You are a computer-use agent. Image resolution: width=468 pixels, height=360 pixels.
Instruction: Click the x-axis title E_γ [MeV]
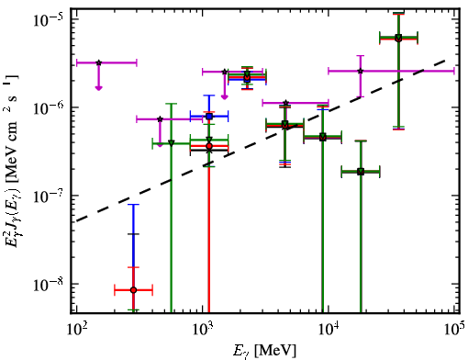tap(264, 351)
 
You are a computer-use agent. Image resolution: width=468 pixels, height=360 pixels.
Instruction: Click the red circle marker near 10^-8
tap(133, 290)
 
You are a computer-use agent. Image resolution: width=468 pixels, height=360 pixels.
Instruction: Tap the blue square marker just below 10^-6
tap(209, 117)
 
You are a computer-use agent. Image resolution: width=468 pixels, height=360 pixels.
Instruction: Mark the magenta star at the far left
tap(98, 62)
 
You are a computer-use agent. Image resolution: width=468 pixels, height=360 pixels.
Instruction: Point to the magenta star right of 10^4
tap(361, 71)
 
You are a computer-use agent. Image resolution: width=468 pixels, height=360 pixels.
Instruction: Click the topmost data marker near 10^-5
tap(398, 38)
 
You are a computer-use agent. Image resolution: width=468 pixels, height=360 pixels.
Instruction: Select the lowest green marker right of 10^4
tap(361, 172)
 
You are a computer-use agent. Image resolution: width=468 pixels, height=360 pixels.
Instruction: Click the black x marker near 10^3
tap(209, 150)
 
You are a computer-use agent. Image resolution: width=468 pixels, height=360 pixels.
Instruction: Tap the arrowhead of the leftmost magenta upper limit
tap(98, 88)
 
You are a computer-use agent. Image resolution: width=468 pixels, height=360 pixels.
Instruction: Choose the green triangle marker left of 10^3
tap(172, 143)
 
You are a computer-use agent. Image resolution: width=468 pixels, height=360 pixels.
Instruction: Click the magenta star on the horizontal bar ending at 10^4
tap(285, 103)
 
